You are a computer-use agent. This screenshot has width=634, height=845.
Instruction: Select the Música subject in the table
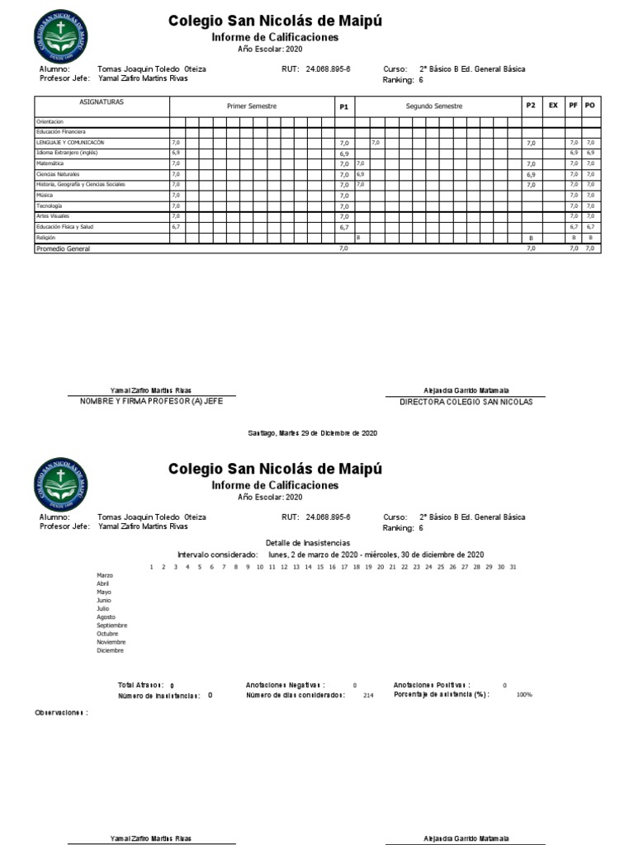coord(43,196)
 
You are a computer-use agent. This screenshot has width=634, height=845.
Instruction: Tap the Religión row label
coord(45,237)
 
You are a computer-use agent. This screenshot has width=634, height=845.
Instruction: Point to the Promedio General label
coord(62,248)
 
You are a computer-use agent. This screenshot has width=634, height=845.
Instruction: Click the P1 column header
coord(344,107)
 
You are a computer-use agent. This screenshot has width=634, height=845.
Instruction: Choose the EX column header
coord(552,106)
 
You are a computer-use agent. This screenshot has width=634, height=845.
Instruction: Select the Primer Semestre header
coord(252,107)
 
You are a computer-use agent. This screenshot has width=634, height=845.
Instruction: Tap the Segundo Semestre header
coord(434,107)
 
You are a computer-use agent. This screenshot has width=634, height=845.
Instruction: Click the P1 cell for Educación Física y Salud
coord(344,227)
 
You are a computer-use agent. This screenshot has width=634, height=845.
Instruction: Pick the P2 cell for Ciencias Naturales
coord(531,175)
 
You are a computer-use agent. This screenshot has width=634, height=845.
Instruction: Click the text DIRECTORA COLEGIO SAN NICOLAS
coord(466,402)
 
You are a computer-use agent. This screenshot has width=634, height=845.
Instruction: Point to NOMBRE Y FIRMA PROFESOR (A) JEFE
coord(151,401)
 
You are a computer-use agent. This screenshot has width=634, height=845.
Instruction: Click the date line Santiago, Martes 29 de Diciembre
coord(313,433)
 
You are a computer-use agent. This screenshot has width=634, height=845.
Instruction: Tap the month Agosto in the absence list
coord(106,617)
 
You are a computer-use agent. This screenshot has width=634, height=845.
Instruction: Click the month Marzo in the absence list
coord(105,575)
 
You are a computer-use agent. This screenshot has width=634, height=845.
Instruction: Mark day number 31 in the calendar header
coord(513,567)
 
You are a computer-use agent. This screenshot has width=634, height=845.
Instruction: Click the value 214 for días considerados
coord(368,696)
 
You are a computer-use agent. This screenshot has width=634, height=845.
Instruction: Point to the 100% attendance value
coord(524,696)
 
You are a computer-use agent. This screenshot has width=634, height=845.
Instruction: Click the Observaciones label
coord(61,712)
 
